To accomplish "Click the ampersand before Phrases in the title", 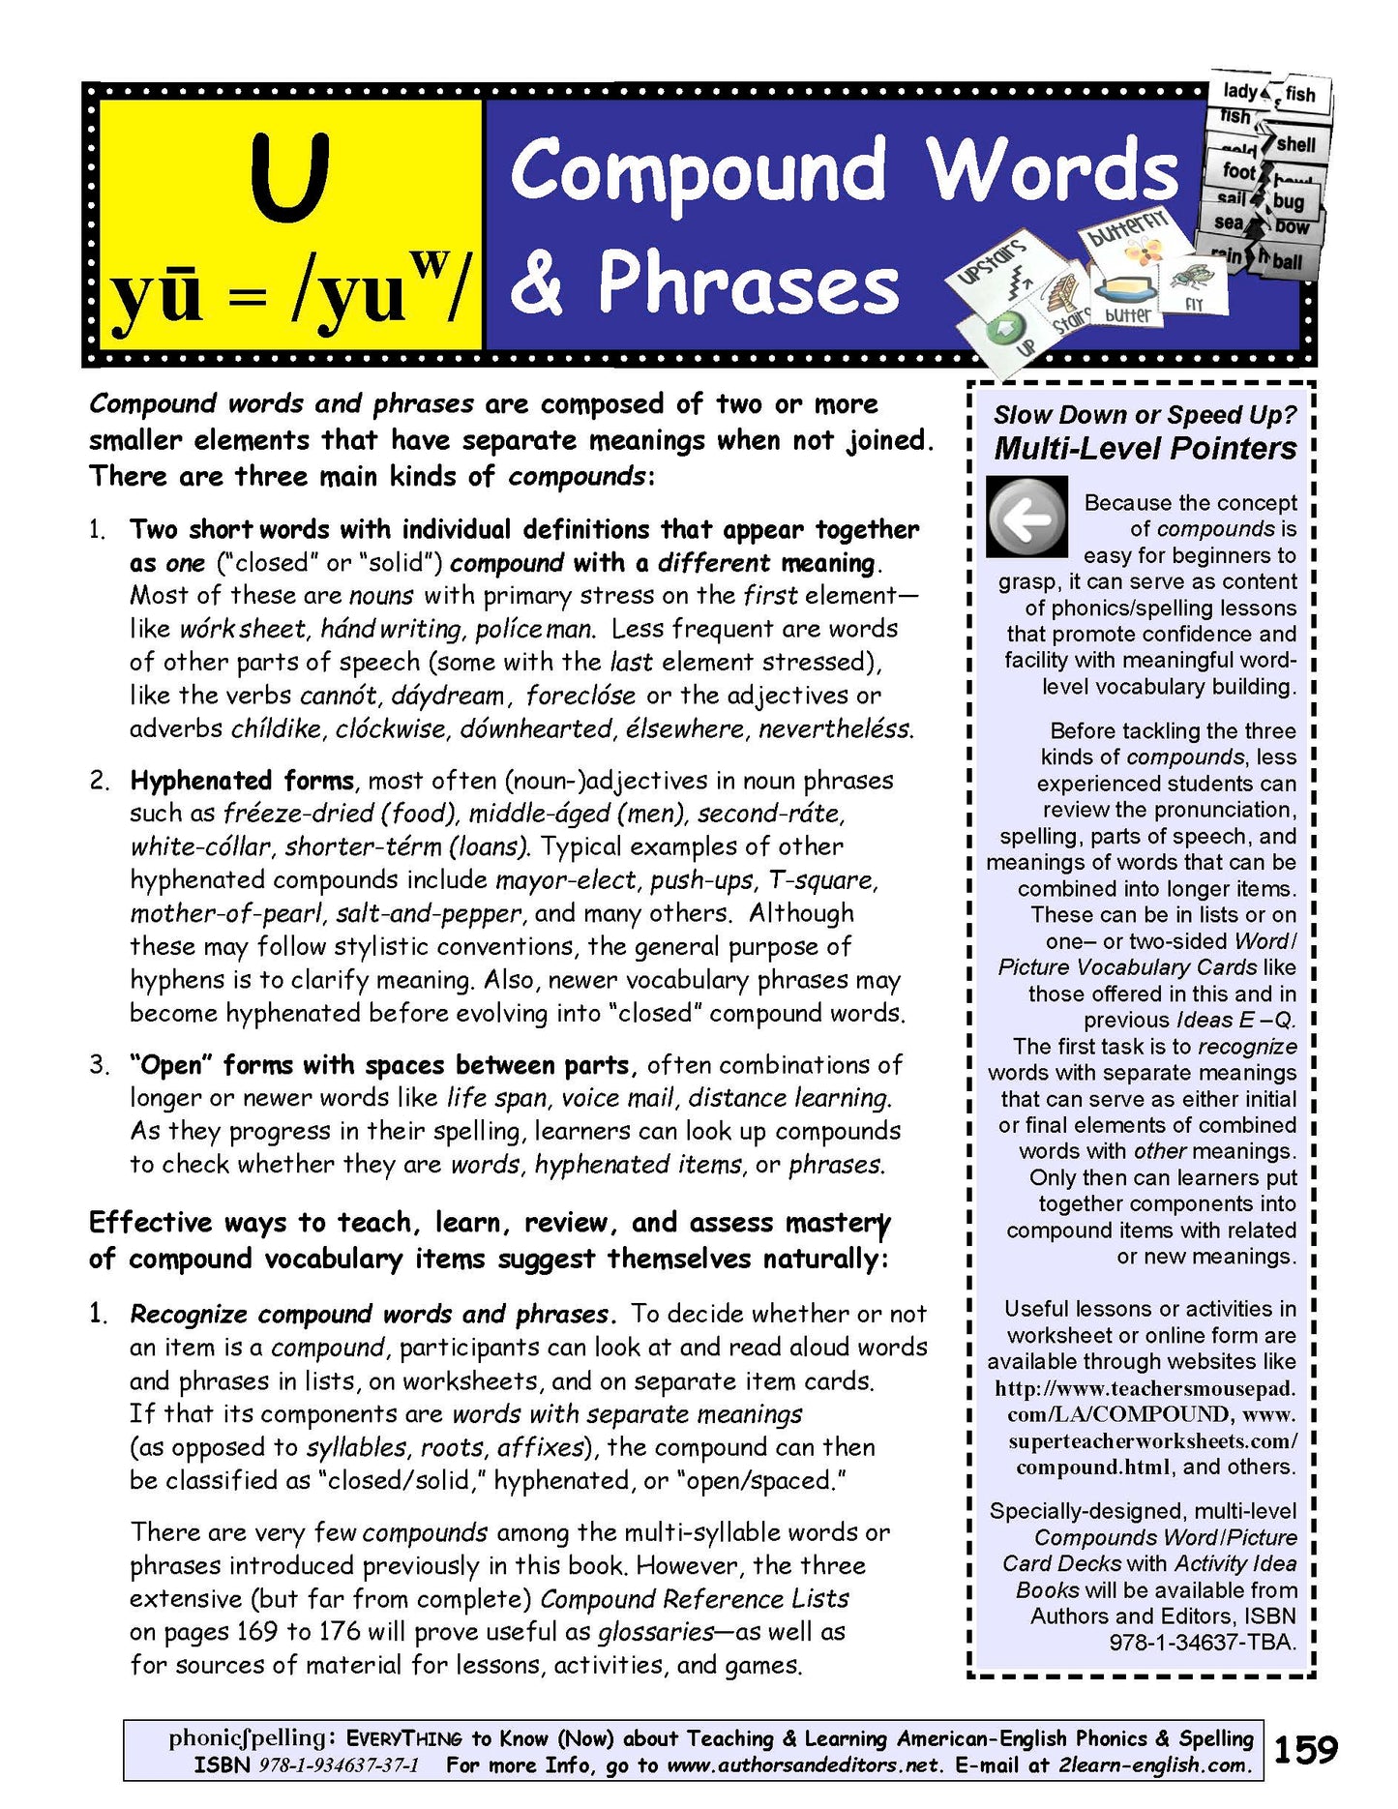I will pyautogui.click(x=538, y=282).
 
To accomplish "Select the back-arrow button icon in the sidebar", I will pyautogui.click(x=1026, y=518).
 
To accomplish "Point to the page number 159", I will pyautogui.click(x=1305, y=1749).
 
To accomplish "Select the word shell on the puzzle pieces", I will pyautogui.click(x=1295, y=144).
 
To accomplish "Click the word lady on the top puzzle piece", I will pyautogui.click(x=1239, y=91).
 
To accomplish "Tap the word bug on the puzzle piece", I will pyautogui.click(x=1288, y=201).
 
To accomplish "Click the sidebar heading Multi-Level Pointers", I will pyautogui.click(x=1145, y=448).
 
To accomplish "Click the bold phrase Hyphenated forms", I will pyautogui.click(x=242, y=781).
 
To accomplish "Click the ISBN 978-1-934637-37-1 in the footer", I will pyautogui.click(x=339, y=1765).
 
